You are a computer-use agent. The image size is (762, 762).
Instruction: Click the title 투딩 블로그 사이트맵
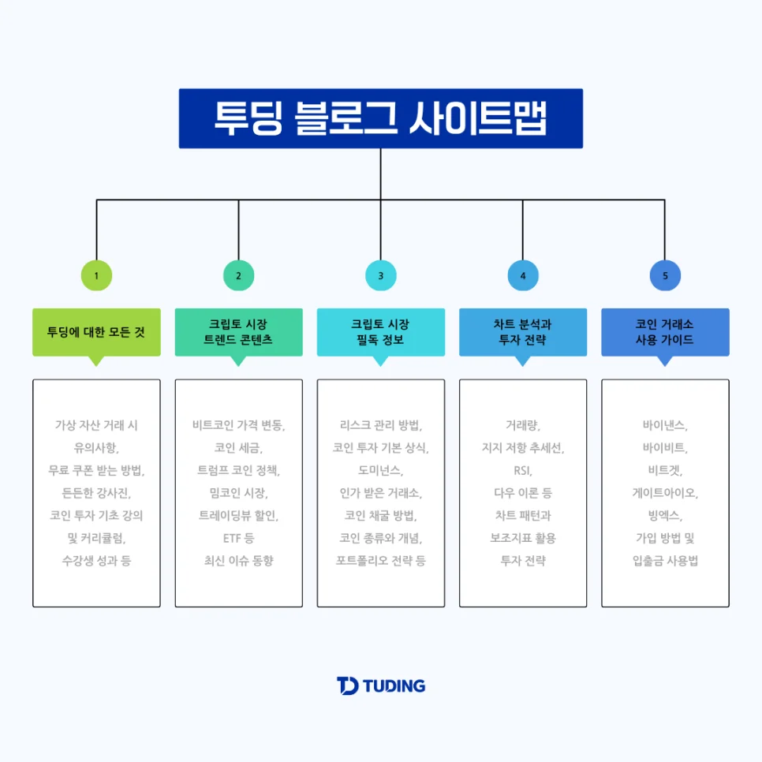pyautogui.click(x=380, y=118)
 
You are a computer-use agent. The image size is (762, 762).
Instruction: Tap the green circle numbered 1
pyautogui.click(x=96, y=275)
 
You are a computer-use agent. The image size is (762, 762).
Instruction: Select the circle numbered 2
pyautogui.click(x=238, y=275)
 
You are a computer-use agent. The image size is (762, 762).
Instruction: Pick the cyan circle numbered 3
pyautogui.click(x=380, y=275)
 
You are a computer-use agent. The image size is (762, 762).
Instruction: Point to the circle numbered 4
pyautogui.click(x=523, y=275)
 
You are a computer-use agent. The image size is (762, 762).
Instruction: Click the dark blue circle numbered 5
pyautogui.click(x=665, y=275)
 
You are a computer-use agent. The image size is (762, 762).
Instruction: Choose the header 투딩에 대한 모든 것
pyautogui.click(x=96, y=332)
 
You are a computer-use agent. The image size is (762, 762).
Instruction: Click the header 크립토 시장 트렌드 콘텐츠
pyautogui.click(x=238, y=332)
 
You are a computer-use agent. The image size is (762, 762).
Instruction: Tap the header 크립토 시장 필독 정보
pyautogui.click(x=380, y=332)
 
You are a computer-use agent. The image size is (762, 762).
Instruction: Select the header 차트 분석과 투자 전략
pyautogui.click(x=523, y=332)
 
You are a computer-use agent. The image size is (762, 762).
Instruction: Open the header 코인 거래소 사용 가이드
pyautogui.click(x=665, y=332)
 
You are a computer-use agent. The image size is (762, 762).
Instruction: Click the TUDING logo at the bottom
pyautogui.click(x=380, y=685)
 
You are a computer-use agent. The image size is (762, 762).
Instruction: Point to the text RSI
pyautogui.click(x=523, y=471)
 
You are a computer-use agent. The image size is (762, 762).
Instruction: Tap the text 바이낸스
pyautogui.click(x=665, y=425)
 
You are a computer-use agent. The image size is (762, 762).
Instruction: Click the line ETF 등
pyautogui.click(x=238, y=539)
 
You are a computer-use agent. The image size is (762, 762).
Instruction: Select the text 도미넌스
pyautogui.click(x=380, y=471)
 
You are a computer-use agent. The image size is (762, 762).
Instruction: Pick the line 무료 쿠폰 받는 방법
pyautogui.click(x=96, y=471)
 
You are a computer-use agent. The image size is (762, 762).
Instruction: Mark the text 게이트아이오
pyautogui.click(x=665, y=494)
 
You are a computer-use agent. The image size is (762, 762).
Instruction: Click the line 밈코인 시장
pyautogui.click(x=238, y=494)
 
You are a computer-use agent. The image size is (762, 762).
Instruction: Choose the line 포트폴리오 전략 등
pyautogui.click(x=380, y=561)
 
